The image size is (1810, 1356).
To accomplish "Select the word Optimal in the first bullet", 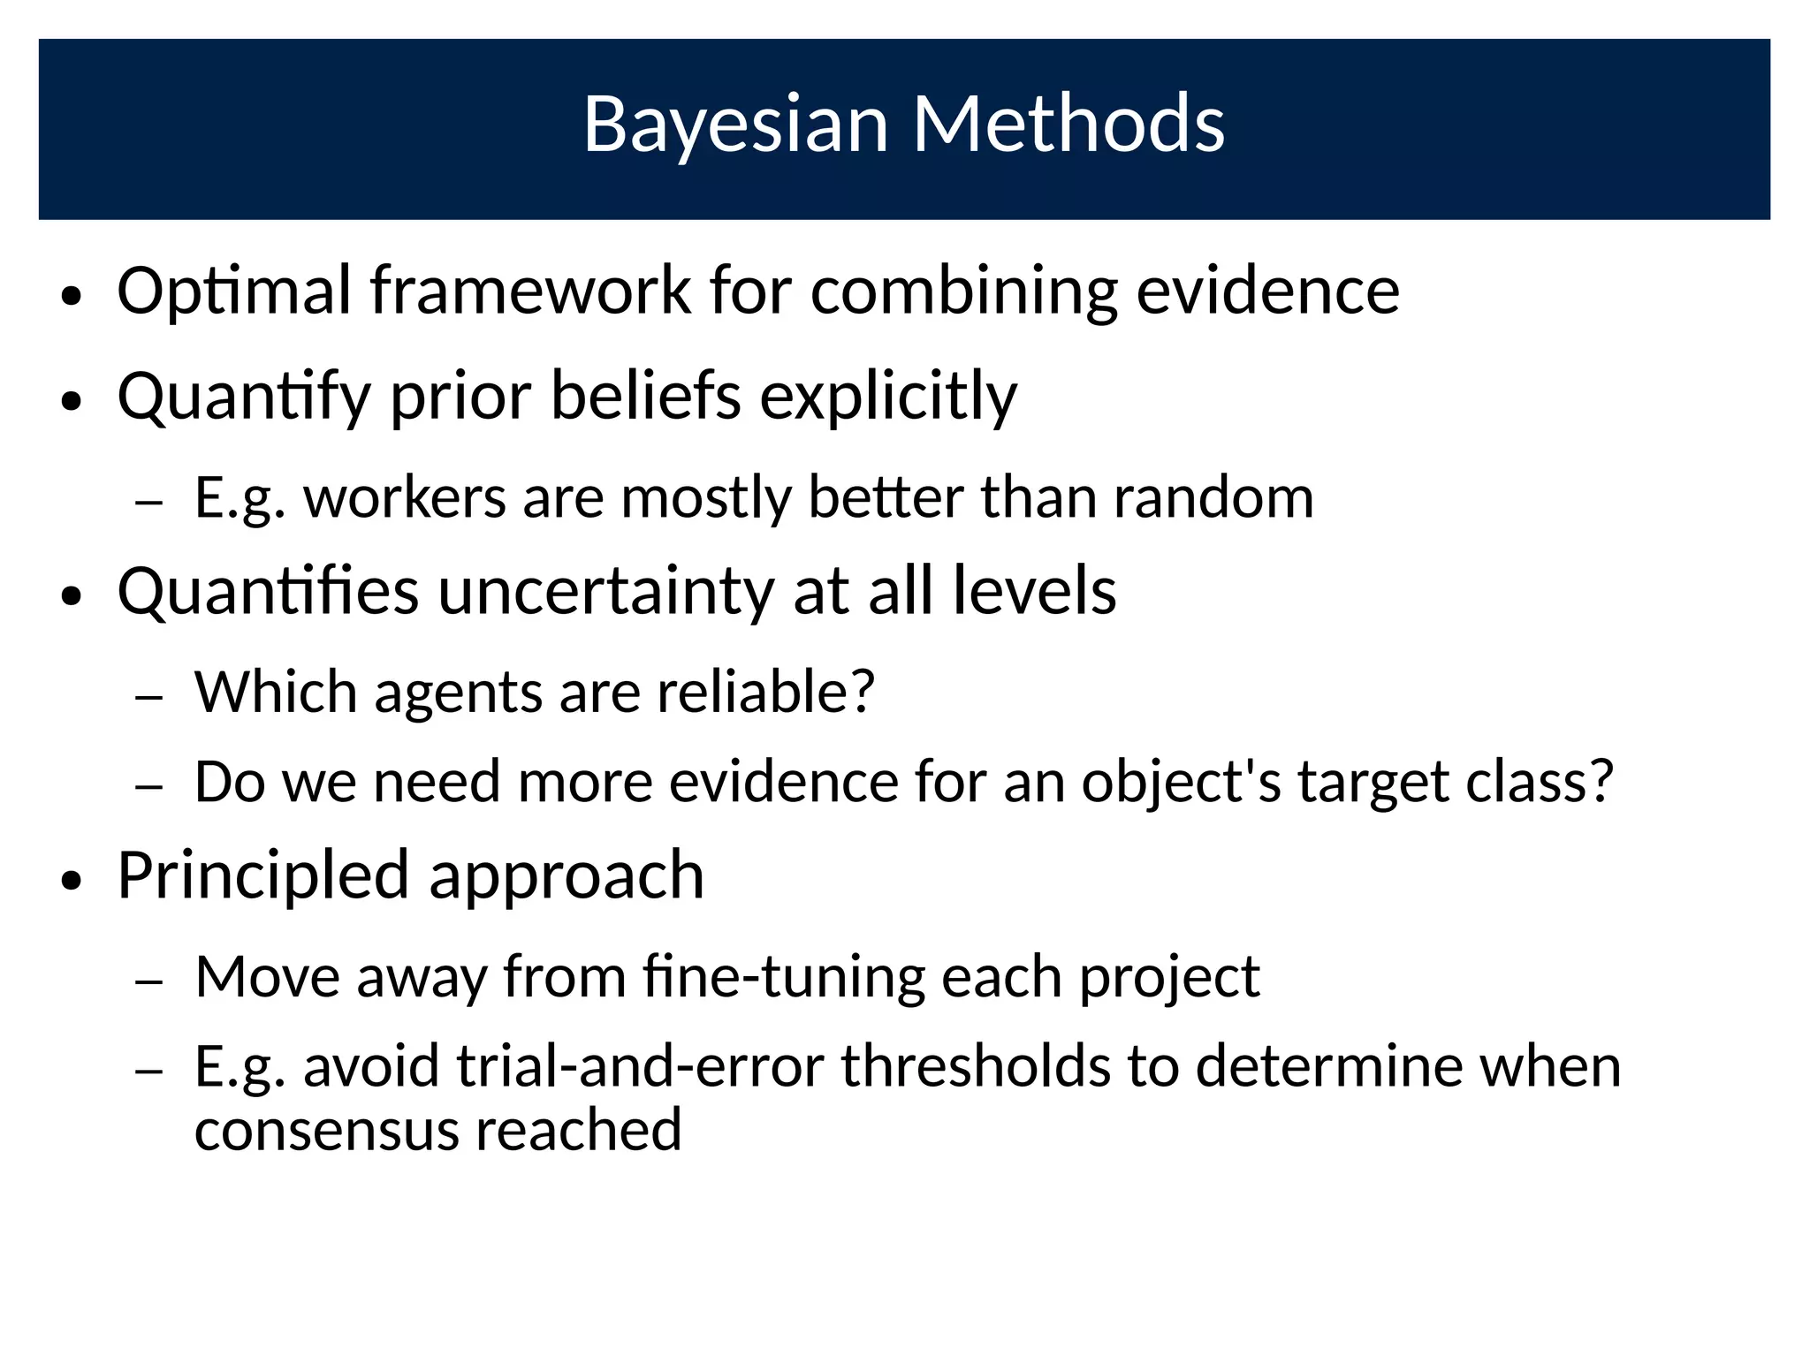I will [x=233, y=292].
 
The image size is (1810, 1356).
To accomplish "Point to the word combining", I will [x=963, y=292].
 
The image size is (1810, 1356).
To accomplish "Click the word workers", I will [x=405, y=497].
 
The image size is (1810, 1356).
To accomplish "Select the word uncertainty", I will [x=605, y=591].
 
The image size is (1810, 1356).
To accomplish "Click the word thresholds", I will [x=974, y=1066].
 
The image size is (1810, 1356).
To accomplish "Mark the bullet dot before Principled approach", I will [x=72, y=881].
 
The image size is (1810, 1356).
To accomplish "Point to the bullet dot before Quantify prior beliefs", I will [x=72, y=402].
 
